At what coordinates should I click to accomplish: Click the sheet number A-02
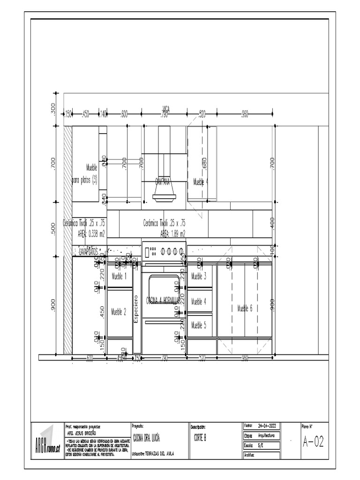[x=314, y=442]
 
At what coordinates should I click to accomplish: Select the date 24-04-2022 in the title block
[x=267, y=426]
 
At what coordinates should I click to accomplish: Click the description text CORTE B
[x=200, y=437]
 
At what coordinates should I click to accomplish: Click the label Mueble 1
[x=119, y=277]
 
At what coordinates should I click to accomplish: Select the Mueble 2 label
[x=119, y=311]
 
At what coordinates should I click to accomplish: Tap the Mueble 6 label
[x=245, y=308]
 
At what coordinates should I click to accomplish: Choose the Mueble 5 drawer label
[x=199, y=324]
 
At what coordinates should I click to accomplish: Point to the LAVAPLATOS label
[x=89, y=252]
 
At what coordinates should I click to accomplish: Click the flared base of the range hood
[x=164, y=197]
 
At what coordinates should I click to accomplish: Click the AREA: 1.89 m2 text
[x=173, y=233]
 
